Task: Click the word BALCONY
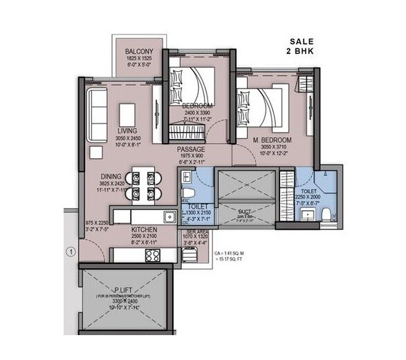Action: [x=139, y=53]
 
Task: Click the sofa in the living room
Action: [x=95, y=113]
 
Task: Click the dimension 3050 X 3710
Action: [x=276, y=147]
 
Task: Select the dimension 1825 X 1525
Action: [x=139, y=60]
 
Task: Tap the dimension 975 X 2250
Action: [x=95, y=222]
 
